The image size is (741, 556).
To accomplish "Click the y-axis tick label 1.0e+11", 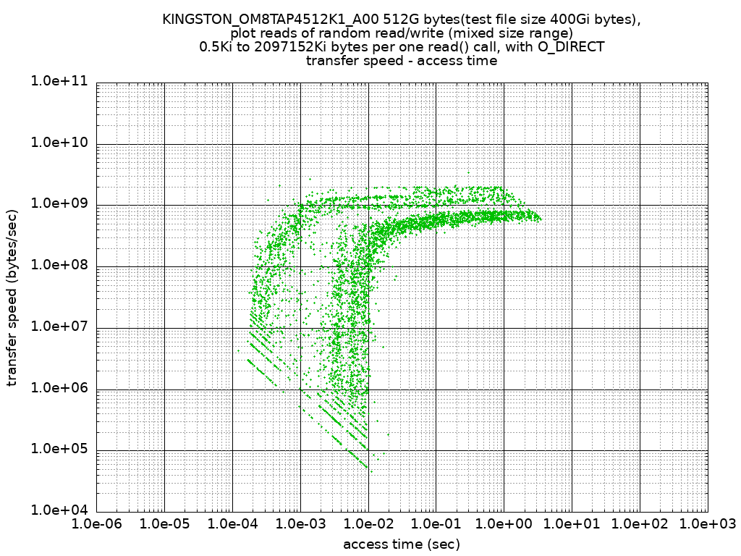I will coord(59,81).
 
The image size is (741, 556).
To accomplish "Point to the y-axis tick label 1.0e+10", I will coord(59,143).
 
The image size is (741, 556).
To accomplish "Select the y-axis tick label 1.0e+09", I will coord(59,203).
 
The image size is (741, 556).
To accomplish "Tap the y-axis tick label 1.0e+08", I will coord(59,265).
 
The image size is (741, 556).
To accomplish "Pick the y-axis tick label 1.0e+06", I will coord(59,387).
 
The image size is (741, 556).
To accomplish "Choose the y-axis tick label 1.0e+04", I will coord(59,510).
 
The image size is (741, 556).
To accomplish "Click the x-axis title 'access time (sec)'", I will coord(401,544).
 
